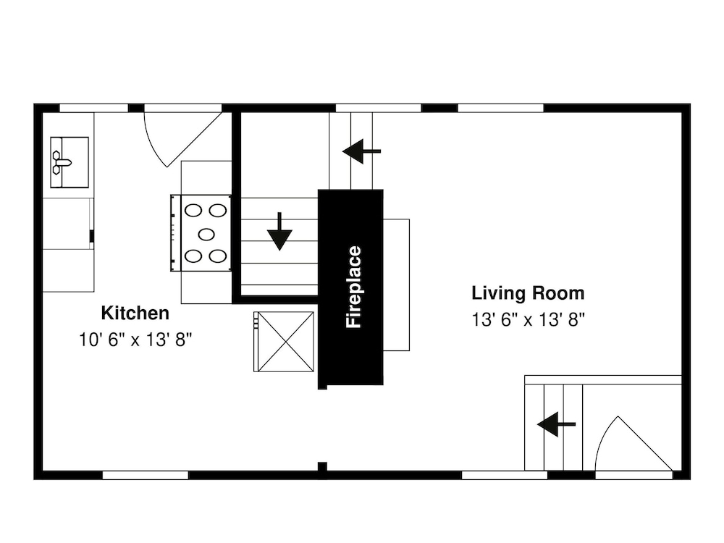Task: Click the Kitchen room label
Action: [135, 313]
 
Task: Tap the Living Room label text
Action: [528, 293]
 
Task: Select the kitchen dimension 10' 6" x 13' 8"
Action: [135, 340]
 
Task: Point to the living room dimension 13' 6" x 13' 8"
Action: [529, 319]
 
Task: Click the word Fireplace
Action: [354, 287]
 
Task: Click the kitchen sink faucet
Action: [61, 162]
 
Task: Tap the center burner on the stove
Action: [206, 234]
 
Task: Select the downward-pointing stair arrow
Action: [279, 232]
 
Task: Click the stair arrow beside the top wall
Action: [361, 151]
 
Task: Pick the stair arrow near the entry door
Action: [556, 424]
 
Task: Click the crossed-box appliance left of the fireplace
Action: [284, 342]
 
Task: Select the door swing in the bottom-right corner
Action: [633, 444]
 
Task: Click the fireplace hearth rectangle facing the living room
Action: [396, 285]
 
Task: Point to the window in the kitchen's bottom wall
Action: [145, 475]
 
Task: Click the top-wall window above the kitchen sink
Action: [93, 108]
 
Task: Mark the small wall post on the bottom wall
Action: [322, 466]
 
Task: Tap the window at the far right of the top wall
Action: [500, 108]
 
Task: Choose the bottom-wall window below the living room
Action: [505, 475]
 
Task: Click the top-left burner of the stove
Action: [193, 211]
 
